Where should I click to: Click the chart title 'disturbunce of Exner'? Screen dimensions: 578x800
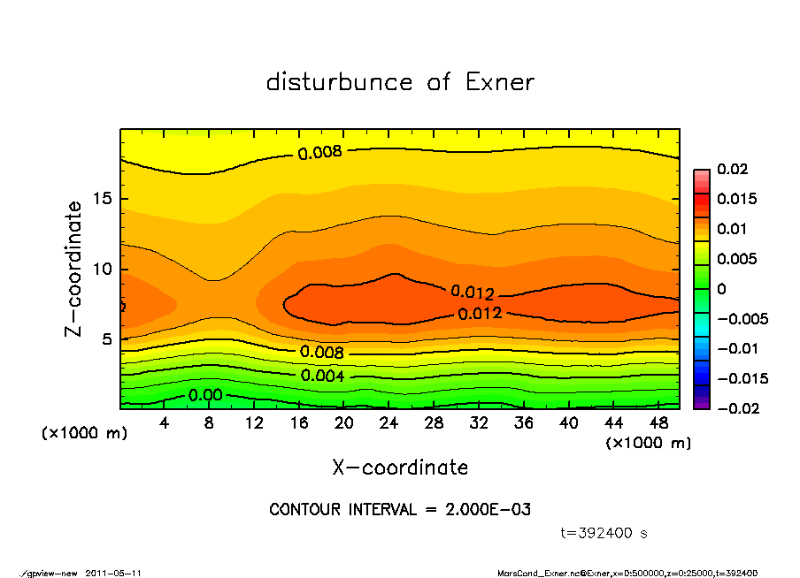[x=400, y=82]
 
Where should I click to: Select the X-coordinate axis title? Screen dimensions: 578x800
[x=400, y=468]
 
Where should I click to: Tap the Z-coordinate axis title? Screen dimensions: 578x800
[x=74, y=269]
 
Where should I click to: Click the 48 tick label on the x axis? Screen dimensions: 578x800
[x=658, y=423]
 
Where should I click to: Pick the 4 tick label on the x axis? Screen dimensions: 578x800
[x=165, y=423]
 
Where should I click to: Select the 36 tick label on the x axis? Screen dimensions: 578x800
[x=524, y=423]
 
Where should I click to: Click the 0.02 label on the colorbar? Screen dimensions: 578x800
[x=733, y=169]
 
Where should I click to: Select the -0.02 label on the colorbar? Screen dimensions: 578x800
[x=739, y=408]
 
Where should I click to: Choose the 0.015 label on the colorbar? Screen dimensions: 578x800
[x=736, y=199]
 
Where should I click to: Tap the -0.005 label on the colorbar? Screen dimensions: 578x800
[x=742, y=318]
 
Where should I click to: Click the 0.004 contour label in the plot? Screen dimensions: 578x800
[x=323, y=376]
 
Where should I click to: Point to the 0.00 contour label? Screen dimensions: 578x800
[x=205, y=395]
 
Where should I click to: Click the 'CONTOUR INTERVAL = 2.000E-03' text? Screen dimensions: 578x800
[x=400, y=510]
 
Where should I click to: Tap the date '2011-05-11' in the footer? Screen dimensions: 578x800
[x=114, y=573]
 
